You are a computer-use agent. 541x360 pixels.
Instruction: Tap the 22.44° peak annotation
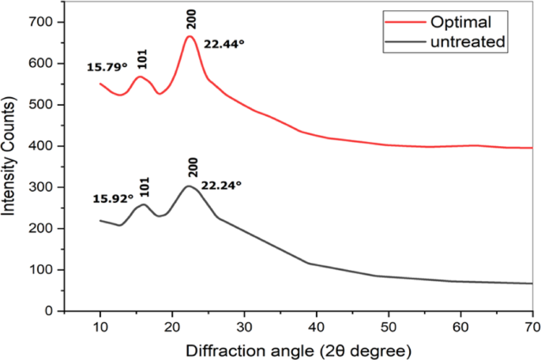tap(224, 45)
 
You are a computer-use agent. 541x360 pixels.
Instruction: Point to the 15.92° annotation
tap(112, 198)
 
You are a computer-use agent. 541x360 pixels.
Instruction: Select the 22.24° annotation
tap(221, 186)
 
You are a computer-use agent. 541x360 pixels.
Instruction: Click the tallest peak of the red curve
tap(190, 36)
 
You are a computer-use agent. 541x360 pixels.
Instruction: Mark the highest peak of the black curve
tap(188, 186)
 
